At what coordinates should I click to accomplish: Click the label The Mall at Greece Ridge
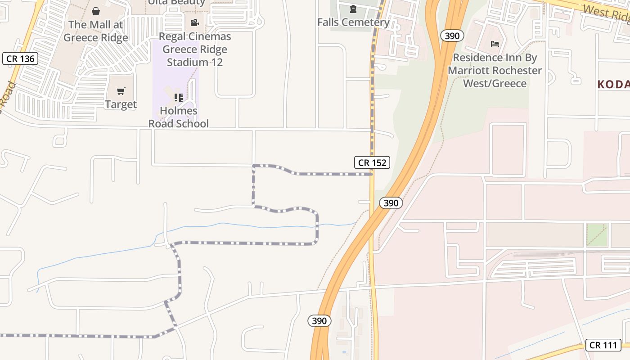click(95, 31)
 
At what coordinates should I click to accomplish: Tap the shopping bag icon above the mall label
click(95, 11)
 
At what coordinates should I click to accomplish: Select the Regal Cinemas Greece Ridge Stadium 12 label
click(195, 49)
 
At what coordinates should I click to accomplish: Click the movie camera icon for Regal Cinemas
click(195, 22)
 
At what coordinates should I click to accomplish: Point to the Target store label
click(121, 104)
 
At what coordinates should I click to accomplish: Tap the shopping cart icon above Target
click(121, 91)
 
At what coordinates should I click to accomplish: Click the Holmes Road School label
click(179, 117)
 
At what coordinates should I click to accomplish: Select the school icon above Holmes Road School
click(179, 97)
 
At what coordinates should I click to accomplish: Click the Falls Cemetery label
click(353, 22)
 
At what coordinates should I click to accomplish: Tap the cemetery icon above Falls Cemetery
click(353, 9)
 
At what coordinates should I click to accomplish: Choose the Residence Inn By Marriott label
click(495, 70)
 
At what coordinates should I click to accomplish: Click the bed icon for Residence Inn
click(495, 44)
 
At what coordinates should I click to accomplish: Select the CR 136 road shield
click(20, 58)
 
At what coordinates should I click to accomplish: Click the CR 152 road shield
click(372, 162)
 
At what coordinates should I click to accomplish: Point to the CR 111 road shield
click(603, 345)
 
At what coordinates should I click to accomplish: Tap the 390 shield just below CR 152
click(391, 203)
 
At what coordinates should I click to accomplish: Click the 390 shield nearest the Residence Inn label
click(452, 36)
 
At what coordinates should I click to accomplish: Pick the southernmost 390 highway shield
click(319, 321)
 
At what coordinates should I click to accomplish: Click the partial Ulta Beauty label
click(177, 3)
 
